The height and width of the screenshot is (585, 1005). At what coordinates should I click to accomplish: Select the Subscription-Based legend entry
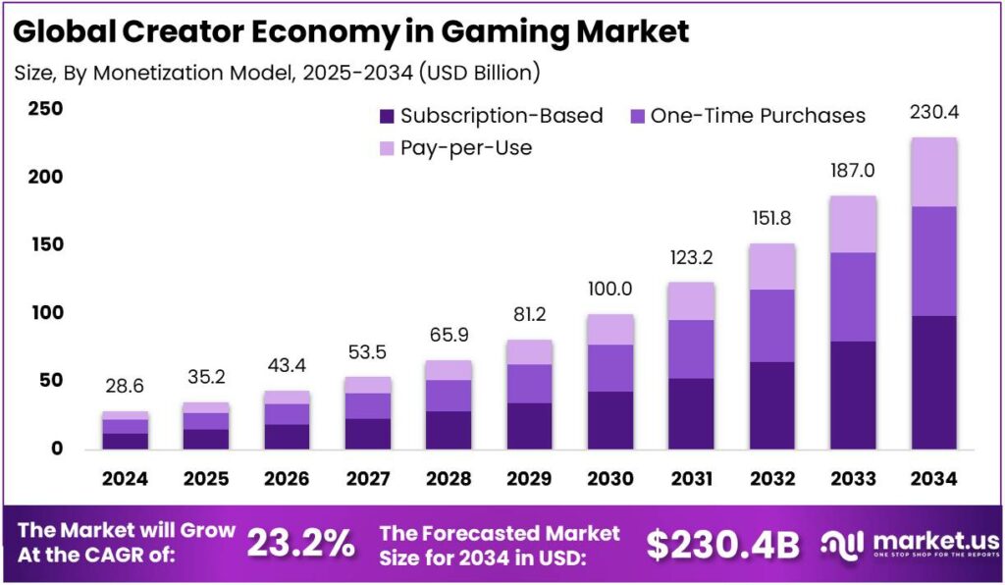pyautogui.click(x=491, y=116)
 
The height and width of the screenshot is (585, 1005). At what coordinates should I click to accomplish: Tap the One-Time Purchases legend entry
pyautogui.click(x=746, y=116)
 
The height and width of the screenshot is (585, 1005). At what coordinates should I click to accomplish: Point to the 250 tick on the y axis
pyautogui.click(x=44, y=109)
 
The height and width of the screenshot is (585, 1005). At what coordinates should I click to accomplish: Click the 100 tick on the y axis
pyautogui.click(x=44, y=313)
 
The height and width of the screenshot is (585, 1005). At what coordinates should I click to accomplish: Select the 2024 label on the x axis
pyautogui.click(x=125, y=479)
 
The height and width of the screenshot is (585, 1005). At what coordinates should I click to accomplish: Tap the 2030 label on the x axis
pyautogui.click(x=610, y=479)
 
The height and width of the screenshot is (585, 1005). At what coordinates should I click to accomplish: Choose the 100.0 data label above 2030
pyautogui.click(x=610, y=290)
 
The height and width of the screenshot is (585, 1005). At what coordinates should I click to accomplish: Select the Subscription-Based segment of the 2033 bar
pyautogui.click(x=853, y=395)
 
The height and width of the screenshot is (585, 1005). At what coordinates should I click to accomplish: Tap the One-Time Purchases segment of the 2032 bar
pyautogui.click(x=771, y=325)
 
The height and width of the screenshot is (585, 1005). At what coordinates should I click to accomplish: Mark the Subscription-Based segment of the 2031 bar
pyautogui.click(x=691, y=413)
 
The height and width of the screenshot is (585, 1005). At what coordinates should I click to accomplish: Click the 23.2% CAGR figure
pyautogui.click(x=300, y=543)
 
